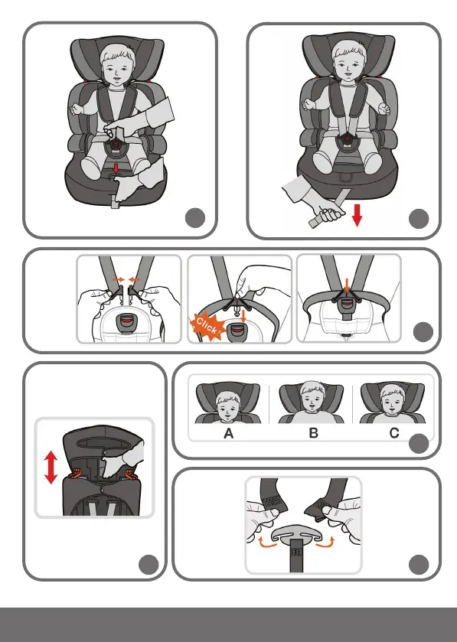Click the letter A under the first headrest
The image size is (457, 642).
point(229,433)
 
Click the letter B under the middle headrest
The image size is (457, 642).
point(313,433)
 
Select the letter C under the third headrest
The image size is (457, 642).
point(394,433)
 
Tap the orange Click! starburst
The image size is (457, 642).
point(207,326)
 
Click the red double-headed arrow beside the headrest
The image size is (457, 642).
point(51,468)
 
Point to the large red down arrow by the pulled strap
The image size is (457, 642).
point(357,215)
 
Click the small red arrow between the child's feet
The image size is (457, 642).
point(116,168)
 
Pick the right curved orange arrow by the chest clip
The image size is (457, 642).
point(325,542)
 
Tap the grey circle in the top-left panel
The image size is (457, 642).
point(195,218)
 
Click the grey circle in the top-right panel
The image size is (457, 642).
point(419,219)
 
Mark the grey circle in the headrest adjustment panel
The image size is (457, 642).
point(149,565)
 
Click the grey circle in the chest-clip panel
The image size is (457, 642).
point(419,565)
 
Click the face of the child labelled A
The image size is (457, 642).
point(227,406)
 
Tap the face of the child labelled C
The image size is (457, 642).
point(393,401)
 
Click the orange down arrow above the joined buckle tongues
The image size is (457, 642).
point(347,285)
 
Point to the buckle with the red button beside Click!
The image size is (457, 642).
point(237,331)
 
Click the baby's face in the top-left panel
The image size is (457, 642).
point(118,67)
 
